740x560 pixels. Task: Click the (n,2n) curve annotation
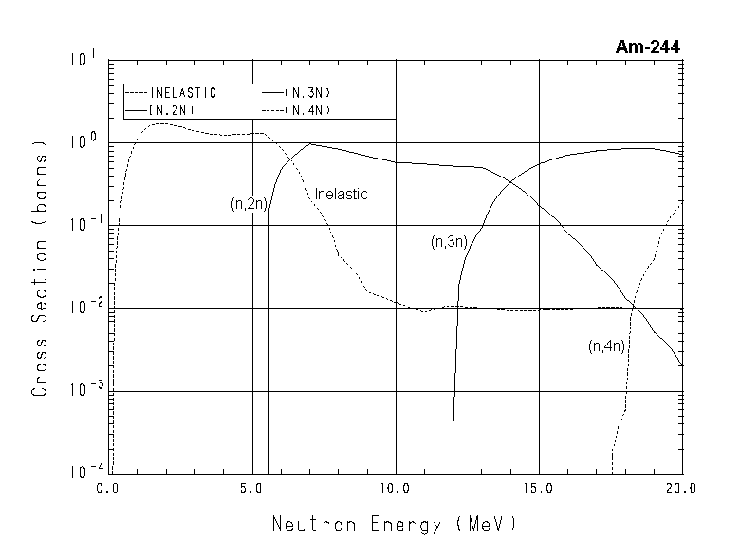[247, 203]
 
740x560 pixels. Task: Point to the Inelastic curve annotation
[341, 194]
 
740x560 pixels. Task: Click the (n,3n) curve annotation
[448, 242]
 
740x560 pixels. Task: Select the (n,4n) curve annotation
[605, 345]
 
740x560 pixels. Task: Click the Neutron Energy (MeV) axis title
[395, 524]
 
